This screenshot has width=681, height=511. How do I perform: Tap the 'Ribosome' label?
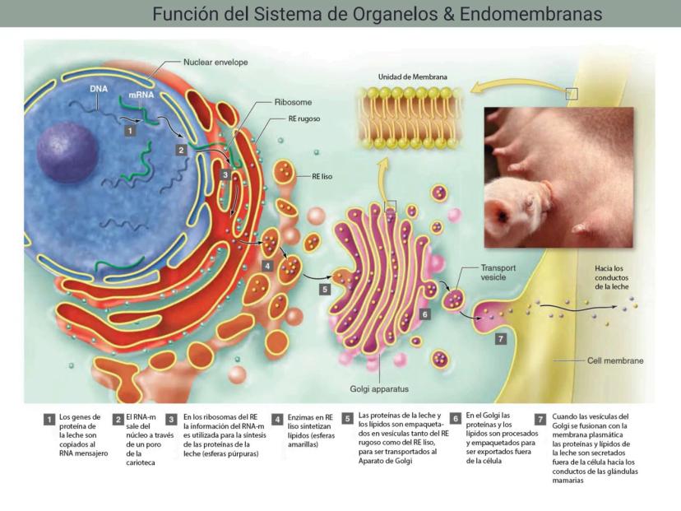click(x=293, y=104)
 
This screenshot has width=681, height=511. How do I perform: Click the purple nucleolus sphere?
click(x=67, y=152)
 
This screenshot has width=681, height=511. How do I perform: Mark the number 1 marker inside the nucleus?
click(x=130, y=130)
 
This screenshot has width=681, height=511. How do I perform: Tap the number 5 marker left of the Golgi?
click(x=325, y=289)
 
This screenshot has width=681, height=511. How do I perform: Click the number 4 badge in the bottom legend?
click(x=277, y=419)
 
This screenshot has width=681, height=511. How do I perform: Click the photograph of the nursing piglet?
click(x=558, y=176)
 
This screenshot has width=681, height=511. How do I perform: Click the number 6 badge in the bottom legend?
click(x=456, y=419)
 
